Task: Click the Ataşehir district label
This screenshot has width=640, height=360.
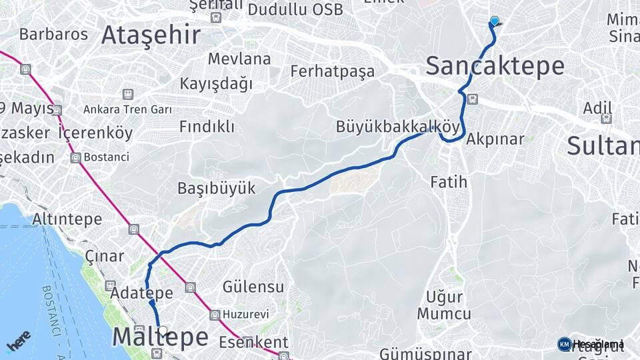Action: click(151, 35)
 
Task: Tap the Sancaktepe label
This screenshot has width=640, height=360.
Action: click(495, 66)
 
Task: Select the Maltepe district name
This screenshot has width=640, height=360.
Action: click(160, 337)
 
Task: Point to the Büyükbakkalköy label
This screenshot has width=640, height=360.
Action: click(398, 126)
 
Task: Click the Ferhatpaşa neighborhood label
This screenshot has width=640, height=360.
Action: click(333, 71)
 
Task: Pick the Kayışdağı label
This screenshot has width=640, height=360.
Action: click(216, 84)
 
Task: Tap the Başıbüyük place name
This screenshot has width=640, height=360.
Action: click(216, 188)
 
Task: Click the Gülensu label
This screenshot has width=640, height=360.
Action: click(253, 287)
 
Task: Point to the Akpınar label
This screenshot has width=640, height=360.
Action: click(495, 139)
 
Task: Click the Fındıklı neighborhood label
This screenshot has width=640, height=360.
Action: click(207, 127)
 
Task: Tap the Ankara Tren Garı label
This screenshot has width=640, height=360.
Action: click(127, 109)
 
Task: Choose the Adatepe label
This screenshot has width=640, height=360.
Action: click(143, 293)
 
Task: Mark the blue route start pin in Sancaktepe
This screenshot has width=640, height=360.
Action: click(494, 21)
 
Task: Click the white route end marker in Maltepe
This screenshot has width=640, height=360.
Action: click(163, 330)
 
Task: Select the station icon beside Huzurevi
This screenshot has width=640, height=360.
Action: click(215, 315)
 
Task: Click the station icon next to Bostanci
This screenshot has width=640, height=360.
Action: click(75, 158)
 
